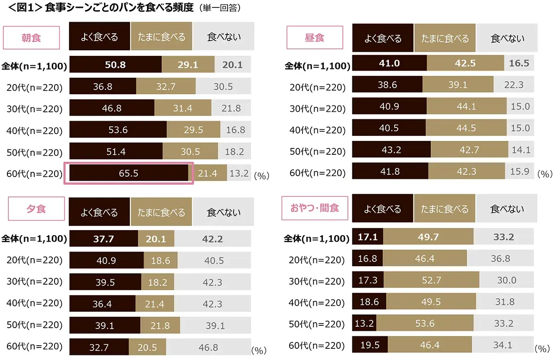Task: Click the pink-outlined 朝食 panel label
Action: pyautogui.click(x=31, y=37)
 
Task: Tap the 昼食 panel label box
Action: pyautogui.click(x=314, y=37)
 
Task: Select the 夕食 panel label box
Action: pyautogui.click(x=31, y=209)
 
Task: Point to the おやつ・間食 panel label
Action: pyautogui.click(x=314, y=208)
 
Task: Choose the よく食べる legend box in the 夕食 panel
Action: pyautogui.click(x=99, y=212)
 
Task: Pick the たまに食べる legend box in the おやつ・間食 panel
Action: pyautogui.click(x=444, y=209)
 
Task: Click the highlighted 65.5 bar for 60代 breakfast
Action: pyautogui.click(x=129, y=174)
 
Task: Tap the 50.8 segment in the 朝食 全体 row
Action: pyautogui.click(x=115, y=65)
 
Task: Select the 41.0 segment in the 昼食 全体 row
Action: pyautogui.click(x=389, y=63)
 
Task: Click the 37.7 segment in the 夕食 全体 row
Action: pyautogui.click(x=103, y=239)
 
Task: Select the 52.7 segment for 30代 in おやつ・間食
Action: pyautogui.click(x=431, y=280)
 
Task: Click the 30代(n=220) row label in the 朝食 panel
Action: pyautogui.click(x=35, y=109)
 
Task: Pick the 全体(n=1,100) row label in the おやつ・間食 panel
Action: pyautogui.click(x=316, y=239)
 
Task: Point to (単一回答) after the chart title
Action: pyautogui.click(x=219, y=9)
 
